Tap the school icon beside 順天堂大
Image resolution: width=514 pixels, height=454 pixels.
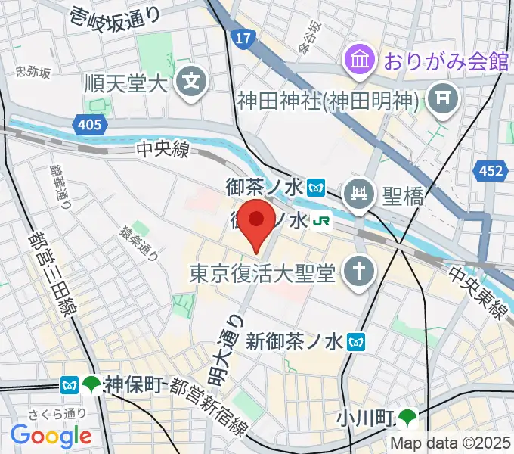click(x=191, y=79)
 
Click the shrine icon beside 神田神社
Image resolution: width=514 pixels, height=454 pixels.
click(x=439, y=98)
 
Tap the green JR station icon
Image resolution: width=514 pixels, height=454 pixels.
click(x=321, y=221)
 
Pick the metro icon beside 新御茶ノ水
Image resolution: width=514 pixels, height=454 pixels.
click(x=356, y=343)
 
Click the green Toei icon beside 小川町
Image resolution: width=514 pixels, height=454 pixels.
click(x=410, y=416)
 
